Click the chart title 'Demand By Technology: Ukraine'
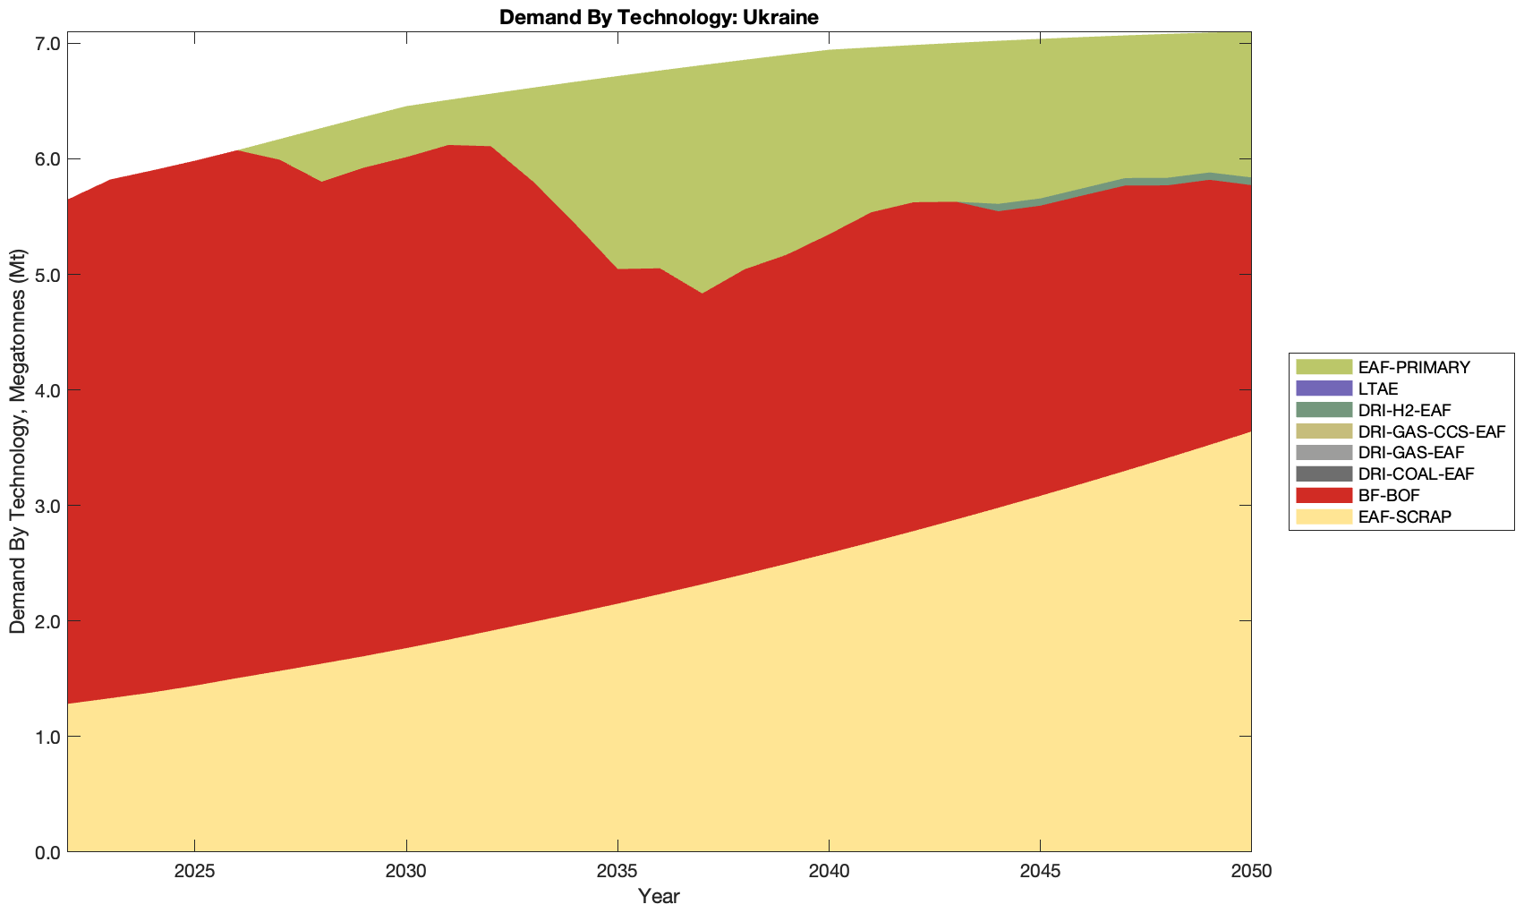[x=659, y=17]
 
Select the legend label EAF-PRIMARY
[x=1413, y=367]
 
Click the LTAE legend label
[x=1377, y=388]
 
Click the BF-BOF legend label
[x=1388, y=495]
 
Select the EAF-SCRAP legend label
[x=1404, y=516]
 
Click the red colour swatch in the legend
[x=1324, y=495]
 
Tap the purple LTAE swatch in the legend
[x=1324, y=388]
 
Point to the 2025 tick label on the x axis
[x=194, y=872]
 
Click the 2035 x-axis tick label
[x=617, y=872]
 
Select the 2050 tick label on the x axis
[x=1251, y=872]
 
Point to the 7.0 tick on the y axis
[x=47, y=44]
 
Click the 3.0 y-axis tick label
[x=47, y=506]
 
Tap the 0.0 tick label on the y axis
[x=47, y=852]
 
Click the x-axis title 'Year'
[x=659, y=896]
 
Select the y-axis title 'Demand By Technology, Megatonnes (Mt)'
[x=17, y=441]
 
